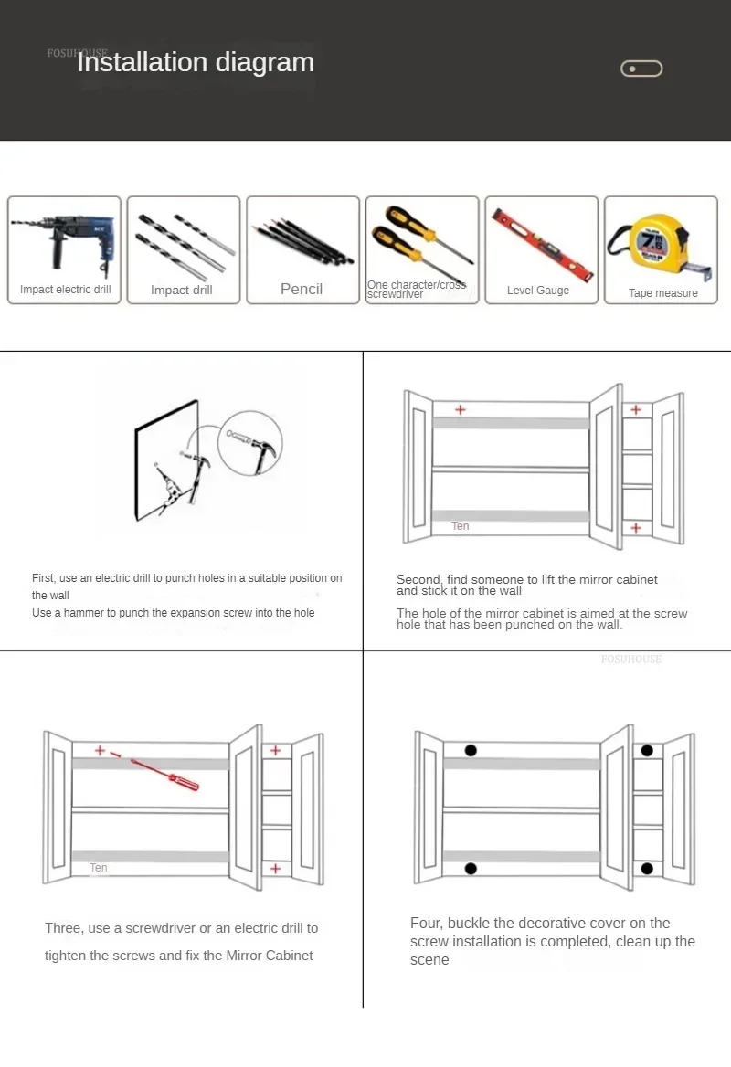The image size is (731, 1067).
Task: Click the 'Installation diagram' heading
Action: click(x=196, y=62)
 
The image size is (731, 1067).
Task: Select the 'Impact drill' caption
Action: click(x=181, y=290)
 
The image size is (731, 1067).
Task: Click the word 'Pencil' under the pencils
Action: click(x=302, y=289)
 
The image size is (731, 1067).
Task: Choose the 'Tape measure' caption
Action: click(x=662, y=293)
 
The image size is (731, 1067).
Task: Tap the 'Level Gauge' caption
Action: click(x=538, y=291)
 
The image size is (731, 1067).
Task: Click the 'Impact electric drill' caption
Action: click(x=65, y=290)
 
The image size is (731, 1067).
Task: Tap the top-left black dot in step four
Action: click(x=471, y=751)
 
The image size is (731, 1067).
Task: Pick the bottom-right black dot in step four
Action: click(x=647, y=868)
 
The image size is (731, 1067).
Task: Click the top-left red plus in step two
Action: click(x=460, y=409)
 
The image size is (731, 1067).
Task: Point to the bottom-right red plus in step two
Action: click(x=636, y=527)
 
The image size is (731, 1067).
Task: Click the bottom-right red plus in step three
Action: click(x=275, y=868)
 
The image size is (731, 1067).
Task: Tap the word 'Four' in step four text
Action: click(x=426, y=923)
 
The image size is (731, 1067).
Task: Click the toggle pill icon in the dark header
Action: click(x=641, y=69)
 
